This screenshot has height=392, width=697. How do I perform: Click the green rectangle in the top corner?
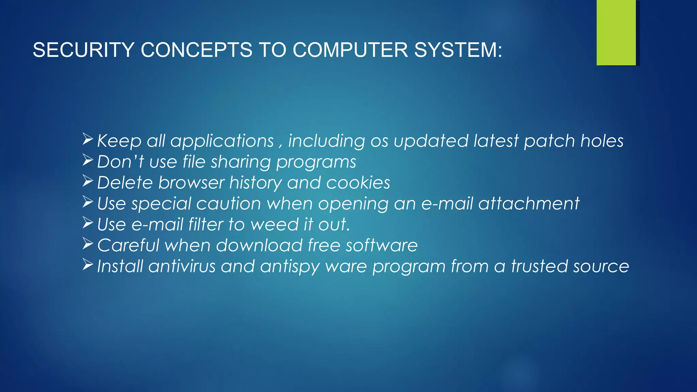[616, 32]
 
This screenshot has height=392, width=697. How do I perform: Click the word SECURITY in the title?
[83, 50]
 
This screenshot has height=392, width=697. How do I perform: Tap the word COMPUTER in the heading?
[350, 50]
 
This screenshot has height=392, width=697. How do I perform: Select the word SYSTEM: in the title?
[458, 50]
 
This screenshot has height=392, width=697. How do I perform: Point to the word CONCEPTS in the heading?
[196, 50]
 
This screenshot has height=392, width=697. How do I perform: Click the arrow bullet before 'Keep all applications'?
[88, 139]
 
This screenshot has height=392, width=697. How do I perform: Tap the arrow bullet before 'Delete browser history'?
[88, 181]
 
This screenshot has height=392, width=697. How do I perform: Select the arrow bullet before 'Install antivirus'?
[88, 264]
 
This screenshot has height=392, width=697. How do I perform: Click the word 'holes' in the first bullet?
[602, 141]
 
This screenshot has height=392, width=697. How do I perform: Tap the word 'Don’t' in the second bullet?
[120, 162]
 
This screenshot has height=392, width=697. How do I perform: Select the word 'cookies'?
[358, 183]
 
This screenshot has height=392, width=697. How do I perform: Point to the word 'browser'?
[191, 183]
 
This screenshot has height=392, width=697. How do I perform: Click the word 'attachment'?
[529, 203]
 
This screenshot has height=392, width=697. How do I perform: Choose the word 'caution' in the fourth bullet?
[228, 203]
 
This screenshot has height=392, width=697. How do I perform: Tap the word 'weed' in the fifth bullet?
[274, 225]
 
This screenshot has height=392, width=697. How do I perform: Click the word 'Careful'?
[128, 245]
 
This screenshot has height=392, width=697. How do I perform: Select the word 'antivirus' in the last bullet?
[182, 266]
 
